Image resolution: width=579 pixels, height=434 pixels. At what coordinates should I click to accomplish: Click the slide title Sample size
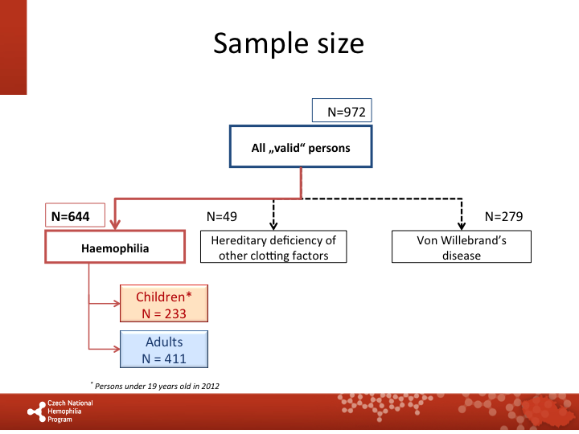(x=288, y=43)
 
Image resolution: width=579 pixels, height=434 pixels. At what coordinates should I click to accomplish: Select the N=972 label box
(x=343, y=113)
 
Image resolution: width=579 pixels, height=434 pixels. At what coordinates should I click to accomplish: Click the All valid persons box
(x=301, y=148)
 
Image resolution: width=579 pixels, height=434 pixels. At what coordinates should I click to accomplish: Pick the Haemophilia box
(x=115, y=248)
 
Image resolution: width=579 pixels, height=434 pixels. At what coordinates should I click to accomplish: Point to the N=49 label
(x=222, y=216)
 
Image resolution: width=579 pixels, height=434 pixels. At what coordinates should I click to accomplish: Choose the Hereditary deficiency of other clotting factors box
(x=273, y=248)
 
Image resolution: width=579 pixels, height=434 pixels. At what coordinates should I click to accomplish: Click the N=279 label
(x=504, y=216)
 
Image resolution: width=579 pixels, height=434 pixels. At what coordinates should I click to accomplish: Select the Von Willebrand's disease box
(x=461, y=248)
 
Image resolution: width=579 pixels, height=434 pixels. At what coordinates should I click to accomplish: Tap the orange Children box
(x=164, y=304)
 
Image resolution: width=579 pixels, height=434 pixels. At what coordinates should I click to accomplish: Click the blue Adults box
(x=164, y=350)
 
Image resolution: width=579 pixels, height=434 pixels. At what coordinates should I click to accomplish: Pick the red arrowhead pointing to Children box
(x=115, y=304)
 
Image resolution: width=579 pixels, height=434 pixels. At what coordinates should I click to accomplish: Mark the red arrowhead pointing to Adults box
(x=115, y=349)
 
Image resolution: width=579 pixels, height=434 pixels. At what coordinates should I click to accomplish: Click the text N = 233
(x=164, y=312)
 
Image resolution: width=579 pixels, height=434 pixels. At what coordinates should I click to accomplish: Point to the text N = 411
(x=164, y=358)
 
